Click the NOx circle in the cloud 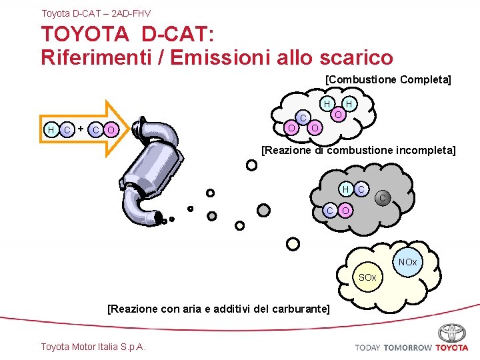coord(407,262)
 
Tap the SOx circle coord(367,277)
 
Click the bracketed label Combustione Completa coord(388,79)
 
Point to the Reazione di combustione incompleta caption coord(358,151)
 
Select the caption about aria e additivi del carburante coord(219,309)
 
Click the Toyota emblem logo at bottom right coord(452,333)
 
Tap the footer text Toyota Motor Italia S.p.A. coord(93,346)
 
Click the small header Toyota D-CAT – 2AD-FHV coord(97,13)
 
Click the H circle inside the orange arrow coord(51,129)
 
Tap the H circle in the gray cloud coord(345,189)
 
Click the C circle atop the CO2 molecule coord(303,118)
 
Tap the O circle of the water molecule coord(339,115)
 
